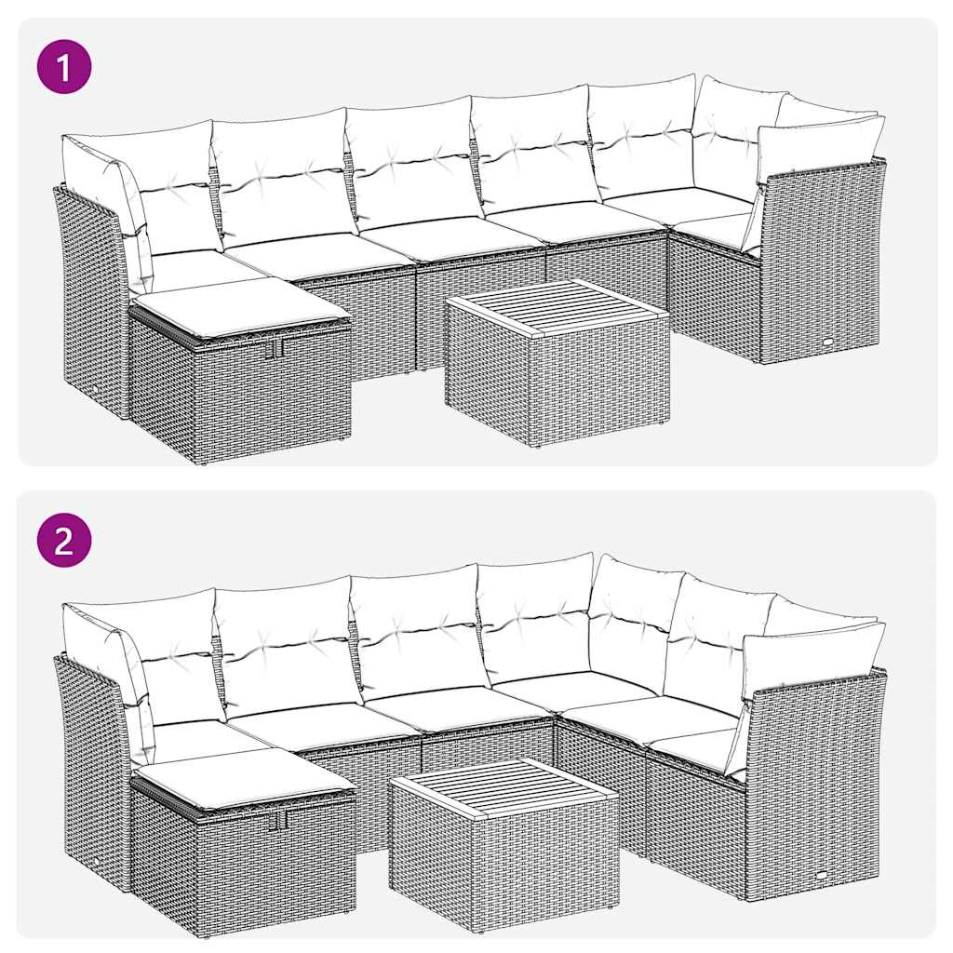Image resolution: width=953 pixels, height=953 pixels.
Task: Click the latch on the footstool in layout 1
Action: pos(275,348)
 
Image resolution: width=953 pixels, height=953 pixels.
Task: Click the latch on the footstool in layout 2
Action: pos(278,818)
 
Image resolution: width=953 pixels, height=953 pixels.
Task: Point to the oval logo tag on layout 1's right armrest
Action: pos(827,342)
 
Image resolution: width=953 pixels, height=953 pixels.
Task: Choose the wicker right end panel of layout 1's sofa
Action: pos(819,261)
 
